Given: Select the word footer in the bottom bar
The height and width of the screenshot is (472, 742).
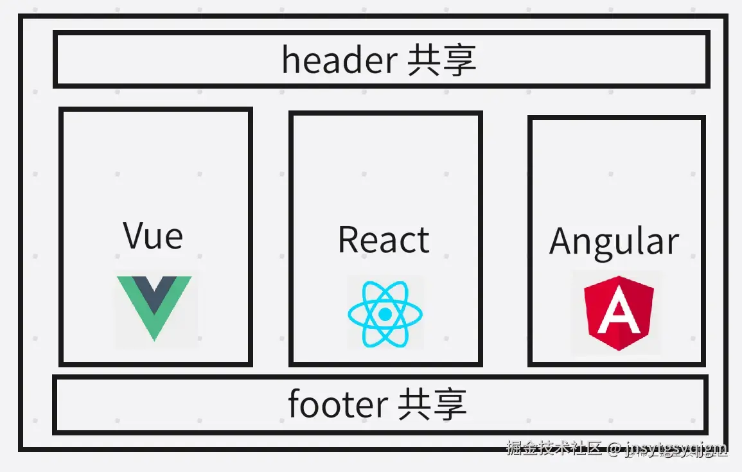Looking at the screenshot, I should click(x=337, y=405).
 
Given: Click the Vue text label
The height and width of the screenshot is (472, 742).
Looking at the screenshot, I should click(x=153, y=236).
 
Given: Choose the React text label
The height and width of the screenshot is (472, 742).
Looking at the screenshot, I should click(x=384, y=240).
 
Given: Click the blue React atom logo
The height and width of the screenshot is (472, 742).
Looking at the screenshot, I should click(x=385, y=314).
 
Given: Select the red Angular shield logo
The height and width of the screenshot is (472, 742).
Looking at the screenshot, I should click(x=618, y=313).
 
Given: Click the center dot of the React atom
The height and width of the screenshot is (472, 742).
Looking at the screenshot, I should click(x=385, y=314).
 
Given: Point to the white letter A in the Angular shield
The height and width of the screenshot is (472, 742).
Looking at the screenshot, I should click(x=618, y=313).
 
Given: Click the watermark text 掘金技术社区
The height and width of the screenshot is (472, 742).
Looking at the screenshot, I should click(x=554, y=448).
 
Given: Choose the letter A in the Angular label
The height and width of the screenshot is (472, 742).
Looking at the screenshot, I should click(x=562, y=241).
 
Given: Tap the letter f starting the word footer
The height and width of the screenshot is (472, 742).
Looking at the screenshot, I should click(x=294, y=404).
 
